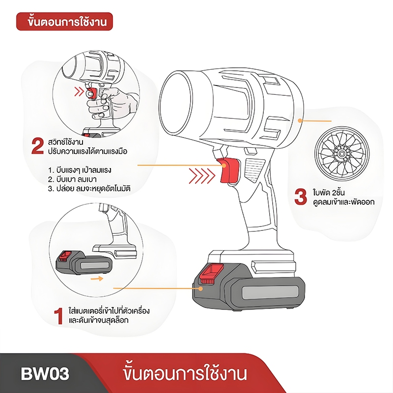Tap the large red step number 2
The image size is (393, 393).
point(38,146)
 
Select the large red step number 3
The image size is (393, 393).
point(300,197)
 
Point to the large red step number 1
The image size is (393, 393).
point(58,316)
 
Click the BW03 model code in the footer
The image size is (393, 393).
point(45,374)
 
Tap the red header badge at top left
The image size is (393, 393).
point(64,22)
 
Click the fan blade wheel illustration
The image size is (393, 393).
point(342,153)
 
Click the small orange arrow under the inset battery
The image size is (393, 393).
point(97,279)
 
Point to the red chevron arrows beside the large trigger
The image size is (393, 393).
point(202,176)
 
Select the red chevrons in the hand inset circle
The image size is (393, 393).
point(79,92)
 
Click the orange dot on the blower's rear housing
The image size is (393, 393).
point(299,120)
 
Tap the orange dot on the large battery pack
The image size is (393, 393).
point(200,288)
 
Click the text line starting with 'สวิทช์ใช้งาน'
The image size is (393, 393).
point(65,142)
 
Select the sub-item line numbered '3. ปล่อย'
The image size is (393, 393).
point(89,188)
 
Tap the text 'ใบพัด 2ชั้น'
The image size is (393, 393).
point(329,193)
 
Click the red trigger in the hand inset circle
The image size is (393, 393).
point(91,93)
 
